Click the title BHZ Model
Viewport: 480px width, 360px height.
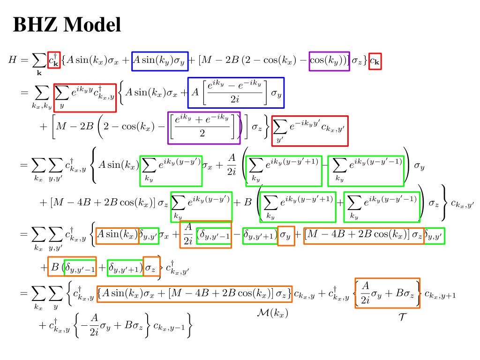tap(67, 25)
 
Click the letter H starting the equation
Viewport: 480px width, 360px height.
tap(13, 60)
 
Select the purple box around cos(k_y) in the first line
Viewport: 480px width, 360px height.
tap(329, 61)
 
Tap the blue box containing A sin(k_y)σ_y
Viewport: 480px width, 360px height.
tap(159, 61)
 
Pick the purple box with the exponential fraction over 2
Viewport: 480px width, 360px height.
tap(204, 127)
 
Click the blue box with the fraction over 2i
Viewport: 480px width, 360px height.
tap(236, 92)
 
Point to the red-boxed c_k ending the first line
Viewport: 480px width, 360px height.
tap(375, 61)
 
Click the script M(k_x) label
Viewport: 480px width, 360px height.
tap(273, 313)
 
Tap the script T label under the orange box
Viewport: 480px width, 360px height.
tap(402, 317)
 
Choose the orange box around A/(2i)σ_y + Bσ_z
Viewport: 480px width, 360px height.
tap(387, 293)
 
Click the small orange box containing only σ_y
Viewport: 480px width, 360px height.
tap(286, 236)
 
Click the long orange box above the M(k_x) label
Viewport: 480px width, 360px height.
tap(194, 294)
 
